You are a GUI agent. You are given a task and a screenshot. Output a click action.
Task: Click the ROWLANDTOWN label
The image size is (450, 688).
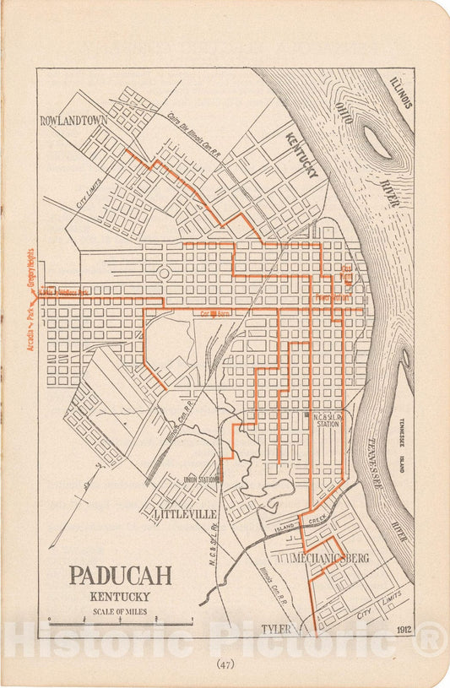click(x=74, y=121)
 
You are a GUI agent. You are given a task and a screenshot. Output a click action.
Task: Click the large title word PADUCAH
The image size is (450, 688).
click(x=120, y=576)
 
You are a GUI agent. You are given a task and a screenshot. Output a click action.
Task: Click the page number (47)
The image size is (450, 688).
click(x=225, y=664)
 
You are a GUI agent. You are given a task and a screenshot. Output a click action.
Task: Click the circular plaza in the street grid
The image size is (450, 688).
click(x=163, y=274)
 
